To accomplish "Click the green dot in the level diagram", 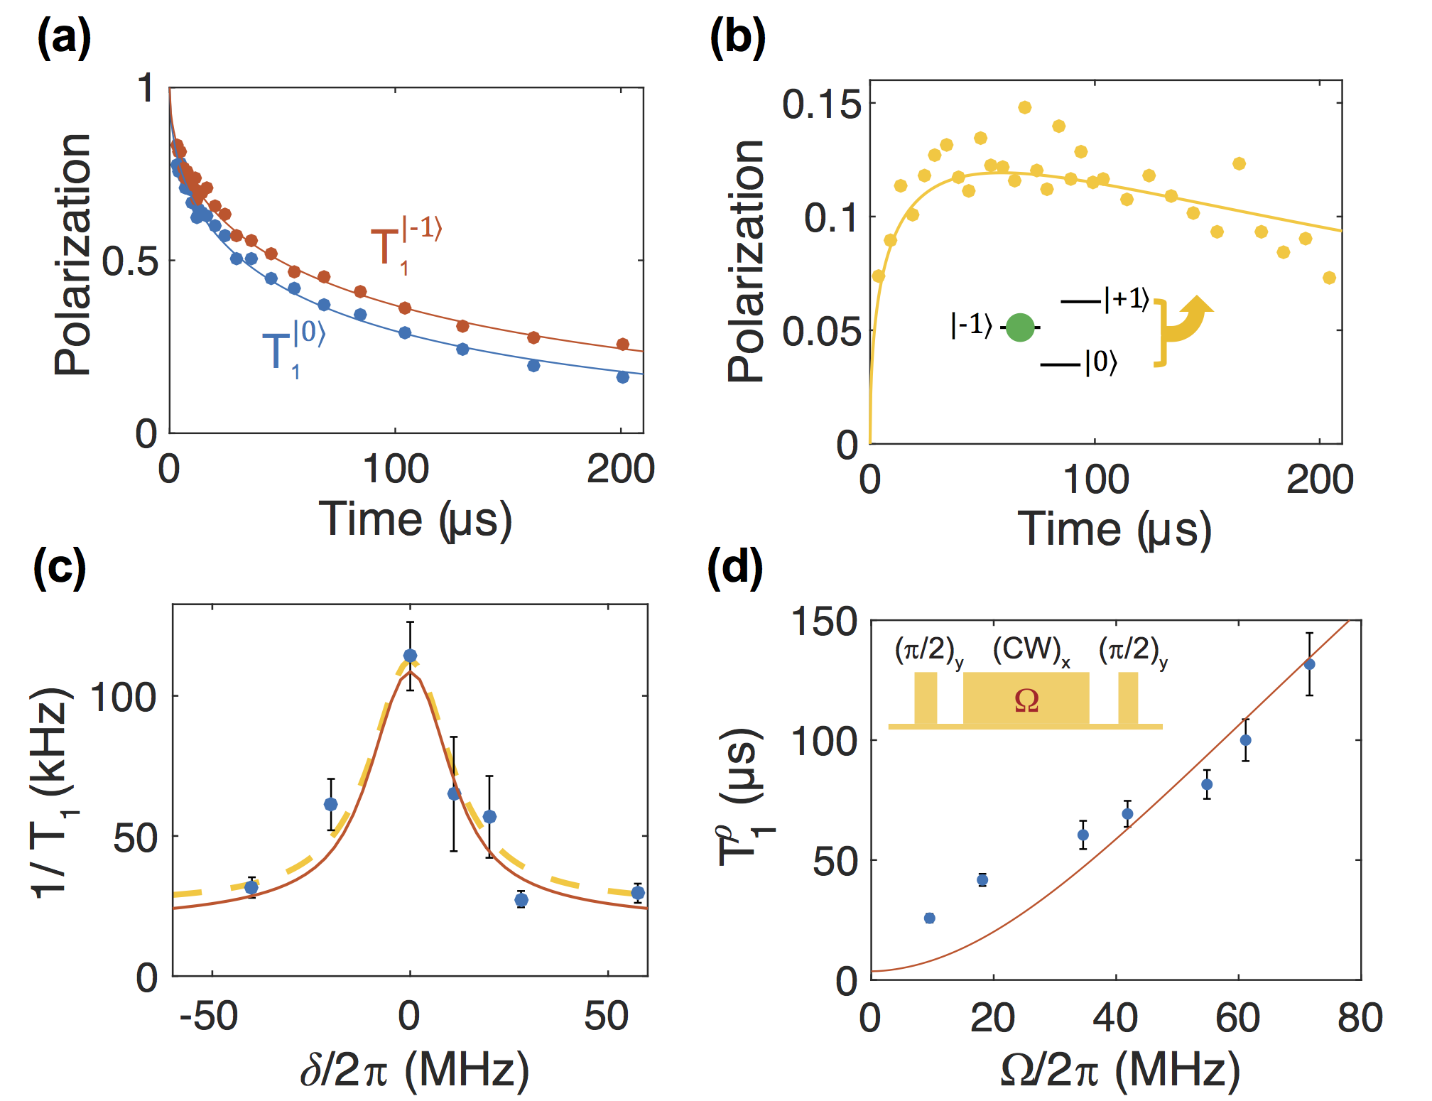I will pos(1020,327).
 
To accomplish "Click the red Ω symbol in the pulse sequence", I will pos(1026,700).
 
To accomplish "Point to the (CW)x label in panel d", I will pos(1031,650).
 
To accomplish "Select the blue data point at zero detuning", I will pos(410,656).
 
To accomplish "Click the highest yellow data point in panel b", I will pos(1024,107).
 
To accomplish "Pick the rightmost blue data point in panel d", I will pos(1309,664).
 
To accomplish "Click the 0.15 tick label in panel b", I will pos(822,104).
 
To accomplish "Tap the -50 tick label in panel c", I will pos(209,1016).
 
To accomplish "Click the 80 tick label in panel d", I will pos(1360,1018).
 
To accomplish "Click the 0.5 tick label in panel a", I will pos(129,261).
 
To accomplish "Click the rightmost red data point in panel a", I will pos(622,345).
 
